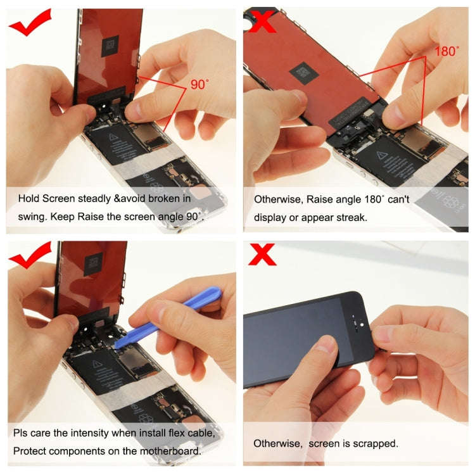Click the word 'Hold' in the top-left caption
point(28,198)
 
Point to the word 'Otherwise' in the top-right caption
point(277,199)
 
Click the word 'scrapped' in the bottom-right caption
point(378,443)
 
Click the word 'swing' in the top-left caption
point(27,216)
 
